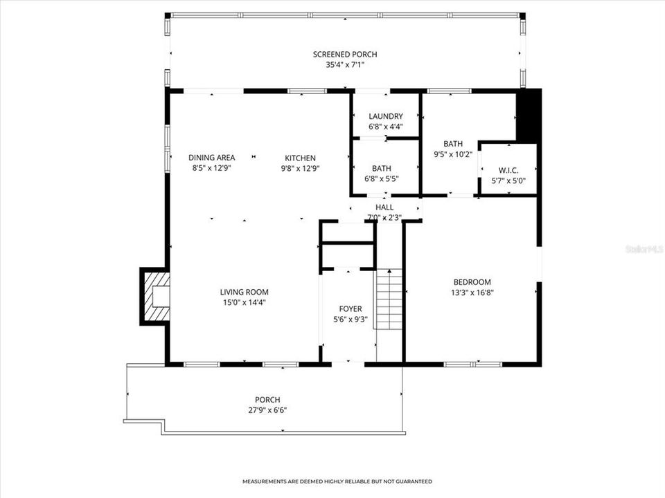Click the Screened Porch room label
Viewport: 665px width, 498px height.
tap(345, 55)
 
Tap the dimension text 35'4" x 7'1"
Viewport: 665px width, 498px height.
tap(345, 65)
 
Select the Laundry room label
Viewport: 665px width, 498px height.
tap(386, 116)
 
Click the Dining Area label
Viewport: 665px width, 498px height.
tap(212, 158)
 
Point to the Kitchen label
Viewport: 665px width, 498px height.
tap(299, 158)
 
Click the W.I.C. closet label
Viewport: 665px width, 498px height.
tap(508, 171)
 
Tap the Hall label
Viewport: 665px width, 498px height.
tap(384, 207)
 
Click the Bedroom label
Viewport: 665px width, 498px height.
tap(472, 282)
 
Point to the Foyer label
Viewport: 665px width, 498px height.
tap(351, 308)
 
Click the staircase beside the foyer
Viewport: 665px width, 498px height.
tap(389, 299)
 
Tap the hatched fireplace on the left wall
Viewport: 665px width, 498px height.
tap(155, 296)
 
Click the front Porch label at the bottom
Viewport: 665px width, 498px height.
tap(267, 400)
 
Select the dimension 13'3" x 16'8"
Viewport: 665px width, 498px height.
tap(472, 292)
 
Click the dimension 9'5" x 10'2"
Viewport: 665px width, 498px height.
tap(453, 154)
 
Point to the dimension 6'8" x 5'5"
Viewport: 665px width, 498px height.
tap(382, 178)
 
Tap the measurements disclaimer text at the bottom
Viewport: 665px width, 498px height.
tap(337, 481)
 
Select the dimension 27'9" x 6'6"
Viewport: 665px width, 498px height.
tap(267, 410)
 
